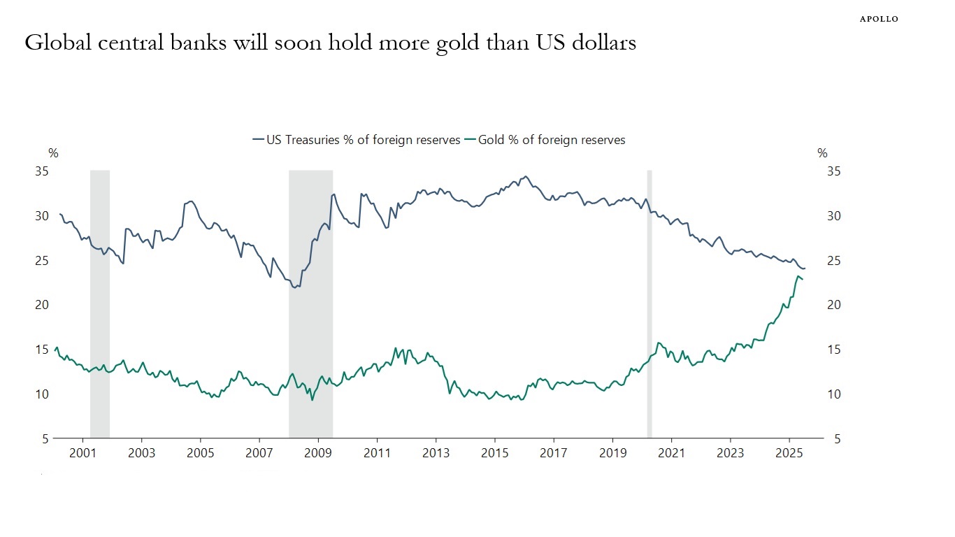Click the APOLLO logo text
pyautogui.click(x=879, y=19)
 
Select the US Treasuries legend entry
pyautogui.click(x=357, y=140)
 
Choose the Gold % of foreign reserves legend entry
pyautogui.click(x=551, y=140)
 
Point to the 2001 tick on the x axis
pyautogui.click(x=82, y=452)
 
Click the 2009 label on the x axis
pyautogui.click(x=318, y=452)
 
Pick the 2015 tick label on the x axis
pyautogui.click(x=494, y=452)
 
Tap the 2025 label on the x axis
pyautogui.click(x=789, y=452)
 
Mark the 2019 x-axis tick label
pyautogui.click(x=612, y=452)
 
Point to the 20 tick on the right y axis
pyautogui.click(x=834, y=305)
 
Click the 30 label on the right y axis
pyautogui.click(x=834, y=216)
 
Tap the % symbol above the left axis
pyautogui.click(x=53, y=154)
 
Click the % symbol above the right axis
pyautogui.click(x=822, y=154)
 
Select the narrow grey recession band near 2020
pyautogui.click(x=649, y=304)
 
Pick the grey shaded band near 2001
pyautogui.click(x=100, y=304)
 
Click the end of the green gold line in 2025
pyautogui.click(x=803, y=280)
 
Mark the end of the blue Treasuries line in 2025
pyautogui.click(x=805, y=268)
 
